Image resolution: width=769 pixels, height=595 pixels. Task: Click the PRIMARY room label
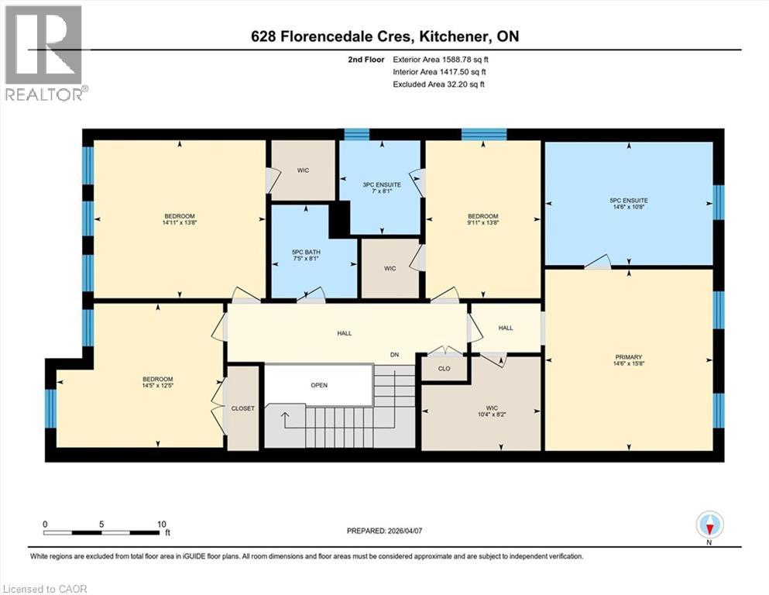pyautogui.click(x=628, y=357)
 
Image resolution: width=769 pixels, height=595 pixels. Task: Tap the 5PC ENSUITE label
pyautogui.click(x=629, y=200)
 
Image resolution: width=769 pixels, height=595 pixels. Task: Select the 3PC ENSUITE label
pyautogui.click(x=382, y=184)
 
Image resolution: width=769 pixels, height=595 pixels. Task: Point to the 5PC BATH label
pyautogui.click(x=306, y=252)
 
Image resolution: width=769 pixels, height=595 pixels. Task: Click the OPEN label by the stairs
pyautogui.click(x=319, y=385)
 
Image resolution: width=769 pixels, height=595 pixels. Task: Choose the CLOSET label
pyautogui.click(x=242, y=408)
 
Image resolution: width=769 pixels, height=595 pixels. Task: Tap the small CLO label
pyautogui.click(x=445, y=368)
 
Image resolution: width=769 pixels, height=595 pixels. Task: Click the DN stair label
pyautogui.click(x=395, y=355)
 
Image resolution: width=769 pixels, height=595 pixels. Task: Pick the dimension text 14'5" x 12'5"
pyautogui.click(x=158, y=386)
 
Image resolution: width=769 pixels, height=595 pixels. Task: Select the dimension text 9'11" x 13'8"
pyautogui.click(x=483, y=222)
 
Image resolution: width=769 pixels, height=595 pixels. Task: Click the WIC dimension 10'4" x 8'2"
pyautogui.click(x=492, y=414)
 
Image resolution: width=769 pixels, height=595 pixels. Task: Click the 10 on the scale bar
pyautogui.click(x=162, y=524)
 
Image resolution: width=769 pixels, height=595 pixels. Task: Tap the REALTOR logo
pyautogui.click(x=44, y=53)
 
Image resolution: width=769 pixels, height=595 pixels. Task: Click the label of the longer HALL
pyautogui.click(x=345, y=333)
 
